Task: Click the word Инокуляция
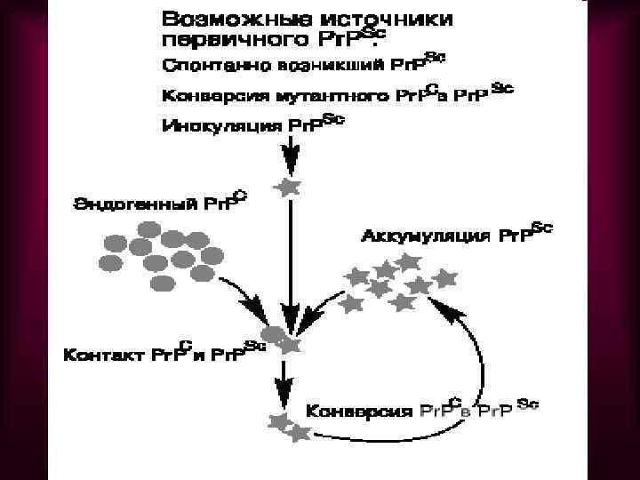click(223, 125)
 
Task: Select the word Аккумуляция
click(424, 237)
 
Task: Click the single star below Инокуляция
click(287, 188)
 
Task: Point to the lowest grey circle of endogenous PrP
click(164, 283)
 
